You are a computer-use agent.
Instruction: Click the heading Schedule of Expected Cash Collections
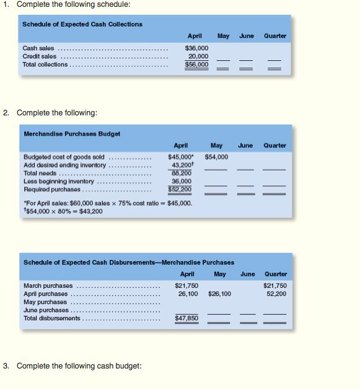click(82, 24)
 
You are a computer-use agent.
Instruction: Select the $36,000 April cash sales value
click(196, 48)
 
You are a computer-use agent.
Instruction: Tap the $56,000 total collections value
click(196, 64)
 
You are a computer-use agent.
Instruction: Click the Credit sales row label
click(39, 56)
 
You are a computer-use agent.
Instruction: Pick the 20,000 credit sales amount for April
click(198, 56)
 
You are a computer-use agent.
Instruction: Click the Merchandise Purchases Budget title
click(72, 133)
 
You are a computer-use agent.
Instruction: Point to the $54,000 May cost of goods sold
click(216, 157)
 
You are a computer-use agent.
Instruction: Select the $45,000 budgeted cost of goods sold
click(181, 157)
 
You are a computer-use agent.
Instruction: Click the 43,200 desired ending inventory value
click(182, 165)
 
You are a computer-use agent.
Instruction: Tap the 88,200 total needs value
click(182, 173)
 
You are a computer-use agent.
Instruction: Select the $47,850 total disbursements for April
click(187, 318)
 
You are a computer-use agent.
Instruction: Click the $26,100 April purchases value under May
click(219, 293)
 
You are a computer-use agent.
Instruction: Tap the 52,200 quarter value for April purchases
click(276, 293)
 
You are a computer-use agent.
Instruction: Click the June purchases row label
click(46, 310)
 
